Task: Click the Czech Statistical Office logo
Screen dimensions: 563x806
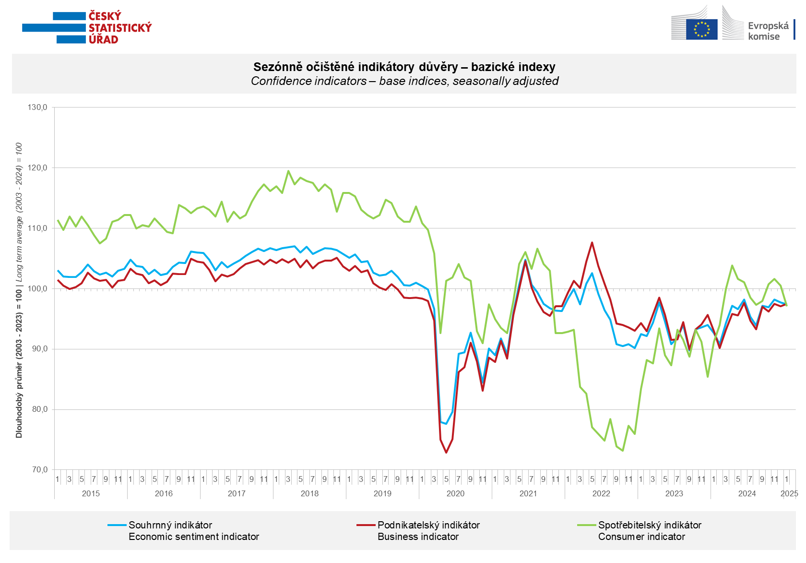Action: coord(87,28)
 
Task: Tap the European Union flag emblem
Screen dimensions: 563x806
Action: coord(701,29)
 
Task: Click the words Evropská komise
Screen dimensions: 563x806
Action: coord(768,31)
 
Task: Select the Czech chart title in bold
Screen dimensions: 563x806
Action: coord(404,67)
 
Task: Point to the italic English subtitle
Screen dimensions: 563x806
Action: coord(404,81)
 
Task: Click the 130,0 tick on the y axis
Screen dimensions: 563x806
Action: coord(38,108)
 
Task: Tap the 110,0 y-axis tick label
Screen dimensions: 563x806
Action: coord(38,228)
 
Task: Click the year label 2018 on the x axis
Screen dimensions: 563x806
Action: coord(309,493)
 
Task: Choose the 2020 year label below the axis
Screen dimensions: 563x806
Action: coord(455,493)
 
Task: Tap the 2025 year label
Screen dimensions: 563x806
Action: coord(789,493)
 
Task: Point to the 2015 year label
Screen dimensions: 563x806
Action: coord(91,493)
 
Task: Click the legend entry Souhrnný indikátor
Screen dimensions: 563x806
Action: coord(170,525)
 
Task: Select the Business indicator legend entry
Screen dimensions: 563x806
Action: coord(417,537)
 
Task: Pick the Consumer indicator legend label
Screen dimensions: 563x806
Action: coord(641,537)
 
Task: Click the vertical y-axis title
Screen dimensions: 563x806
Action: coord(19,290)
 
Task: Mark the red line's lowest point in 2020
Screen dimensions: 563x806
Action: coord(446,453)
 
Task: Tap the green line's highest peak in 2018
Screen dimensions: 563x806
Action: coord(288,171)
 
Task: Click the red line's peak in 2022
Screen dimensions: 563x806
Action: coord(592,242)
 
